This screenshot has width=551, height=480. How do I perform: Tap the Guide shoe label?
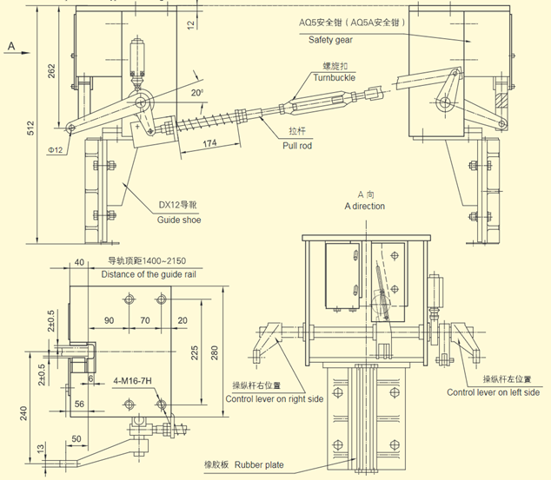click(x=179, y=220)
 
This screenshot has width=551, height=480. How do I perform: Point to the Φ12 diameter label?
click(x=56, y=151)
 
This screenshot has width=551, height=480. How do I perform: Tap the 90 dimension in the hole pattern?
click(x=109, y=321)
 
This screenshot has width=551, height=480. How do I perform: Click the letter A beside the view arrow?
click(x=12, y=43)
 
